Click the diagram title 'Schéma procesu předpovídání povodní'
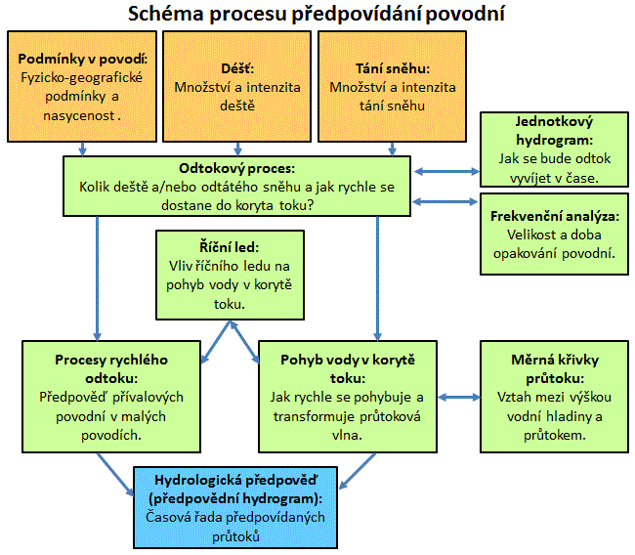pyautogui.click(x=317, y=16)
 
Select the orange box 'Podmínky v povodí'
pyautogui.click(x=82, y=86)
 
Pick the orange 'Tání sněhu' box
pyautogui.click(x=393, y=86)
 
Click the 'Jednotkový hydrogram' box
pyautogui.click(x=554, y=149)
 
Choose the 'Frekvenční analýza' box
pyautogui.click(x=554, y=235)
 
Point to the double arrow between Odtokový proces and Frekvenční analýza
pyautogui.click(x=445, y=201)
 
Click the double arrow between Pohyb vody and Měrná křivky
pyautogui.click(x=457, y=398)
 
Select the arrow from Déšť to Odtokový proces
pyautogui.click(x=238, y=149)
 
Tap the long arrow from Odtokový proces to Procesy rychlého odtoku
pyautogui.click(x=98, y=277)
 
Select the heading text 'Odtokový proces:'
pyautogui.click(x=237, y=167)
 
